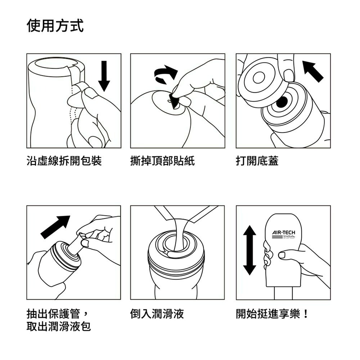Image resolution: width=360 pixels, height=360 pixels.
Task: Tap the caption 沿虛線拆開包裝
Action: [64, 161]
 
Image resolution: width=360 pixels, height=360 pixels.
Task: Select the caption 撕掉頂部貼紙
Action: [162, 161]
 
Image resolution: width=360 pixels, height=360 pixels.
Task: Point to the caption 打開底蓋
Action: [257, 161]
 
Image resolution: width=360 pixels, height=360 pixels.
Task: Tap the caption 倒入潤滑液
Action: [157, 314]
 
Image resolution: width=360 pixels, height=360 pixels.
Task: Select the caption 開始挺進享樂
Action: [268, 314]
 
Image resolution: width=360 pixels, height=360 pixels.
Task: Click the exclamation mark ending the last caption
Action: [306, 314]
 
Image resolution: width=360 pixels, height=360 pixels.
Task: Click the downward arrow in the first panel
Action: [104, 76]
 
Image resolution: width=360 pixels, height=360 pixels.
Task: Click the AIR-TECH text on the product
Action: [284, 232]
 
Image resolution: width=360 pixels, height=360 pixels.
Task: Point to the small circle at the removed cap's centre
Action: [258, 77]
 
